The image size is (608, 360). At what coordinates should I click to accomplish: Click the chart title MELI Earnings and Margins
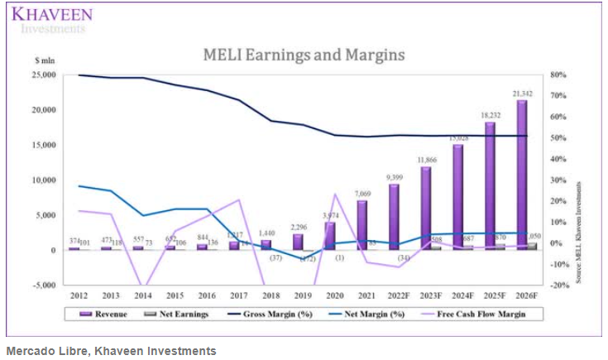tap(304, 55)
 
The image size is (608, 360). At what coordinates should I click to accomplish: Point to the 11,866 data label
tap(428, 159)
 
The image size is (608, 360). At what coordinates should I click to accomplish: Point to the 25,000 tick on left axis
tap(45, 75)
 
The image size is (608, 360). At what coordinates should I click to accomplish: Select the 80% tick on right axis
tap(557, 75)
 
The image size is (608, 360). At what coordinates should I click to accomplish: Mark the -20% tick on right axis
tap(557, 286)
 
